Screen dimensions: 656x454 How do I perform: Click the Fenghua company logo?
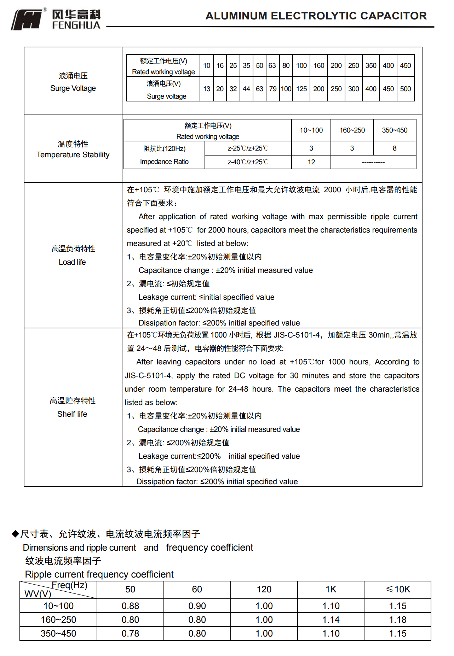[x=56, y=19]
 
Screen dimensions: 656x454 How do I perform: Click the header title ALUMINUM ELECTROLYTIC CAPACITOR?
[x=316, y=16]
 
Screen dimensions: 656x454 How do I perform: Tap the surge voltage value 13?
[x=207, y=89]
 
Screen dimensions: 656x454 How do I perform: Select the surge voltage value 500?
[x=405, y=89]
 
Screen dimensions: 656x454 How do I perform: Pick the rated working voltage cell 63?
[x=272, y=65]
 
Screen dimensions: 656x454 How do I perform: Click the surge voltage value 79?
[x=272, y=89]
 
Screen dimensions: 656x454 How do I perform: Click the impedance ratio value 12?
[x=311, y=162]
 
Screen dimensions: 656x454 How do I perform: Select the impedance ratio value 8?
[x=394, y=148]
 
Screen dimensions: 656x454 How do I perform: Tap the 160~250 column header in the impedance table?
[x=352, y=130]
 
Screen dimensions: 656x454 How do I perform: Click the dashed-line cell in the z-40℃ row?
[x=373, y=162]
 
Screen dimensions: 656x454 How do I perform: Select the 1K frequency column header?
[x=331, y=589]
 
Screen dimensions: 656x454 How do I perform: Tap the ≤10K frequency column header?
[x=397, y=589]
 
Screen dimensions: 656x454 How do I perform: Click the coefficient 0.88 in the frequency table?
[x=130, y=606]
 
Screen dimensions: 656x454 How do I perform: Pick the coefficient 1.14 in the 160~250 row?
[x=331, y=620]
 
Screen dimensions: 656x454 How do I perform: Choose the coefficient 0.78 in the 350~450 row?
[x=130, y=633]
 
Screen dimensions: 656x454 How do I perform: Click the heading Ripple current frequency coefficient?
[x=99, y=574]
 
